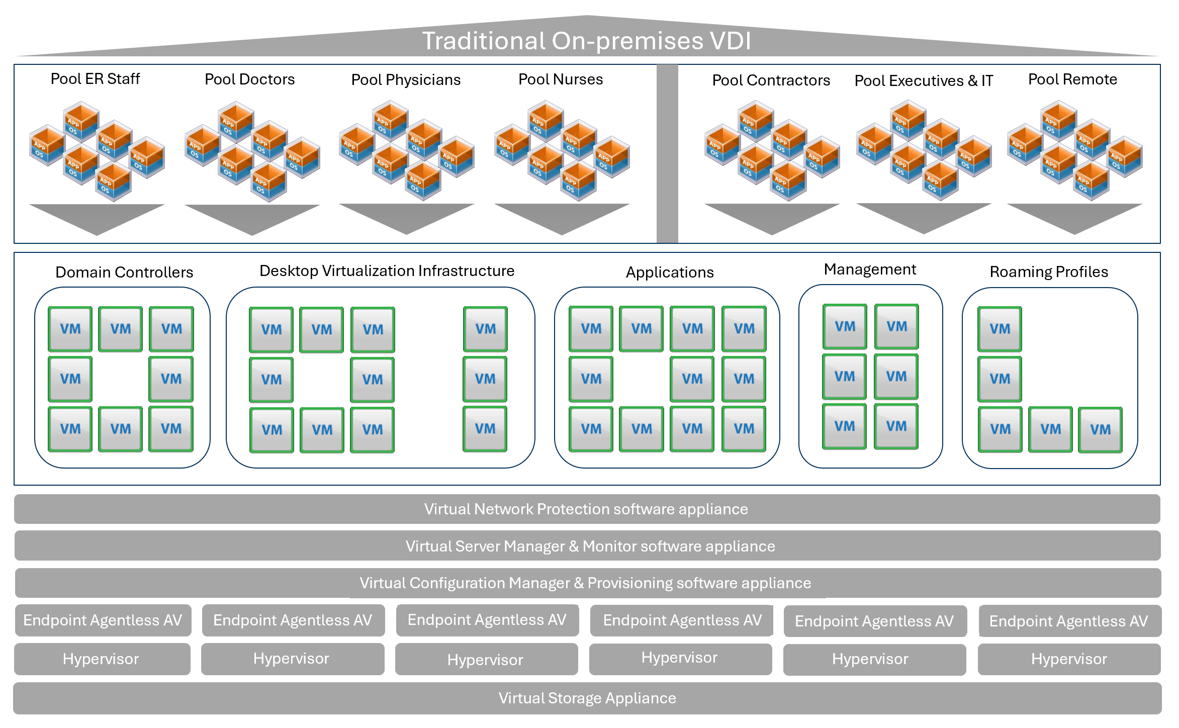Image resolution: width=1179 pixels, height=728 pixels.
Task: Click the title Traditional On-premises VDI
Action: pos(586,41)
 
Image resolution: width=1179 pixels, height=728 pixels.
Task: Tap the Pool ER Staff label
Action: pos(95,79)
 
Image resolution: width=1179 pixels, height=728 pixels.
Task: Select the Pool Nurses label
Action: pos(561,79)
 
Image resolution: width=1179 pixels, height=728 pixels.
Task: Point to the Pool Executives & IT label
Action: pos(924,80)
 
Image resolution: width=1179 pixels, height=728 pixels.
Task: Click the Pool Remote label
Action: pos(1072,79)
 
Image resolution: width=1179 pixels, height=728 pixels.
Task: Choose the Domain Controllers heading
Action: pos(124,272)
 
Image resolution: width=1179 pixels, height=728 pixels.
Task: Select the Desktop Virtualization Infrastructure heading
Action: pos(387,270)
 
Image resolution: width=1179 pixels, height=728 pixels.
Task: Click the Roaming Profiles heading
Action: pos(1049,271)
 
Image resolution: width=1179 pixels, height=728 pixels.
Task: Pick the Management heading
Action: pos(870,269)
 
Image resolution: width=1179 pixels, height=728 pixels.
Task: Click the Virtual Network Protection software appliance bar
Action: pos(586,509)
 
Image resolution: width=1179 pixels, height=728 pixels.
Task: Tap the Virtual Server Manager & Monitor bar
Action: pos(590,546)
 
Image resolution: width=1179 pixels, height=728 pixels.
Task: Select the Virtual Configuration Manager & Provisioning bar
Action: pos(585,583)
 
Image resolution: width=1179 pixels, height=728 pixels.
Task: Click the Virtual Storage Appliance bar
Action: pos(587,698)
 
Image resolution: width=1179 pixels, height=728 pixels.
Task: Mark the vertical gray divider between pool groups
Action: pos(667,153)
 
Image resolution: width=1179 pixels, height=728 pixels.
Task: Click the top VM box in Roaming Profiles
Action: pos(1000,329)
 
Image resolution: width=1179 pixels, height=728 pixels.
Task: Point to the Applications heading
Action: pos(670,272)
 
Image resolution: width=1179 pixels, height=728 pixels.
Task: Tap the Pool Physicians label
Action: pos(406,80)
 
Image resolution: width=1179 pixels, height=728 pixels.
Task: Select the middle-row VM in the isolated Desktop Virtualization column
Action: pos(485,379)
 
